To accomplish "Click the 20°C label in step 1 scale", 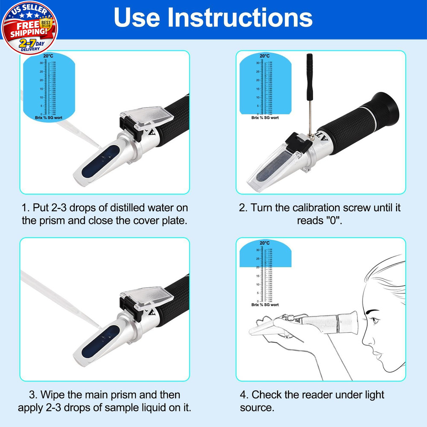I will (48, 56).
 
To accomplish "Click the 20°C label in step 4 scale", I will (265, 243).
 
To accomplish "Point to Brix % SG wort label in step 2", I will (265, 117).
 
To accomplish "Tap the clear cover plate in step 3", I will (147, 299).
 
